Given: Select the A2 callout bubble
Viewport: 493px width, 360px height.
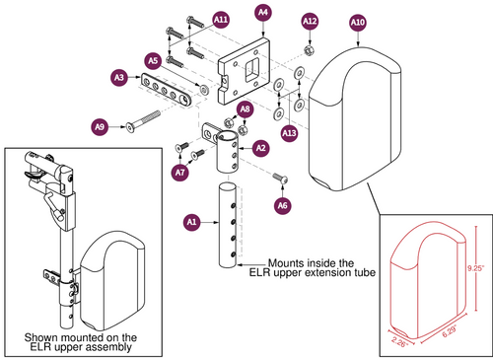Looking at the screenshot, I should click(260, 148).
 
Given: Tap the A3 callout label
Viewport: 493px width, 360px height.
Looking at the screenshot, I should click(119, 76).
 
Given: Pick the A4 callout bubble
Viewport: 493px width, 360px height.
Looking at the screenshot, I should click(262, 13).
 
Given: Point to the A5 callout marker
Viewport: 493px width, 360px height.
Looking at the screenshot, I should click(153, 60).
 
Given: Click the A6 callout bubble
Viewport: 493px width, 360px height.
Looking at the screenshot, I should click(283, 205).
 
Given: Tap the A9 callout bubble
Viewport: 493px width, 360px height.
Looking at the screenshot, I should click(100, 126).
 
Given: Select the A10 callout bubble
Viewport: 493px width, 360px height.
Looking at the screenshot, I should click(357, 21).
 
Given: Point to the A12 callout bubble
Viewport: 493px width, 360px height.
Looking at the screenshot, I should click(310, 20).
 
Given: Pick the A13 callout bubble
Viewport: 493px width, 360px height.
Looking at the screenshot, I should click(289, 132).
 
